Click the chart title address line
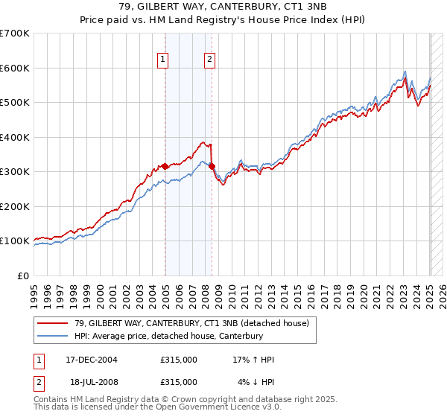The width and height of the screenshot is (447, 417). tap(223, 7)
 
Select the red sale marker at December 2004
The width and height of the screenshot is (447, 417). tap(165, 167)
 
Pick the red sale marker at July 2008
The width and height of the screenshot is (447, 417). tap(212, 167)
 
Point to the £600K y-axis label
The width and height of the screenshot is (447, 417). tap(14, 68)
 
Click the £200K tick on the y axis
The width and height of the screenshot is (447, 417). tap(14, 206)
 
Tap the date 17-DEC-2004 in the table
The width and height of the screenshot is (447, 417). tap(92, 360)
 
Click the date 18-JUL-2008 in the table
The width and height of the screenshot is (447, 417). tap(92, 381)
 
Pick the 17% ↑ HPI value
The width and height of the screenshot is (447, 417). tap(253, 360)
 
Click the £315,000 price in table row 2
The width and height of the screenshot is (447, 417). tap(179, 381)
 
